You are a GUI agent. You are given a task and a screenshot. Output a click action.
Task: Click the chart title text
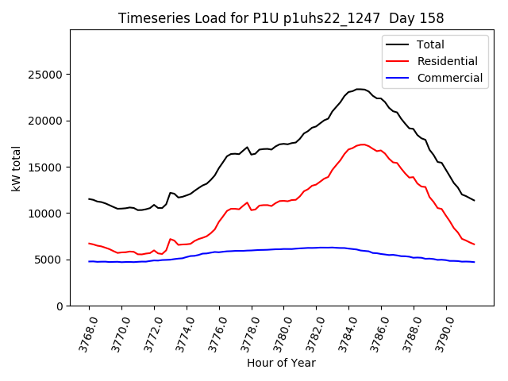pyautogui.click(x=281, y=18)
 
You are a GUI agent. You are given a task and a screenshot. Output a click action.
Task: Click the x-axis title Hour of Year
pyautogui.click(x=281, y=363)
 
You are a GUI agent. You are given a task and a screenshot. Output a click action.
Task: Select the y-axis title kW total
pyautogui.click(x=17, y=168)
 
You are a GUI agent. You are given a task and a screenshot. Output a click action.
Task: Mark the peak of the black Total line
pyautogui.click(x=360, y=89)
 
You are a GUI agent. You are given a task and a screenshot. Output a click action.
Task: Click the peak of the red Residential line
pyautogui.click(x=362, y=144)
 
